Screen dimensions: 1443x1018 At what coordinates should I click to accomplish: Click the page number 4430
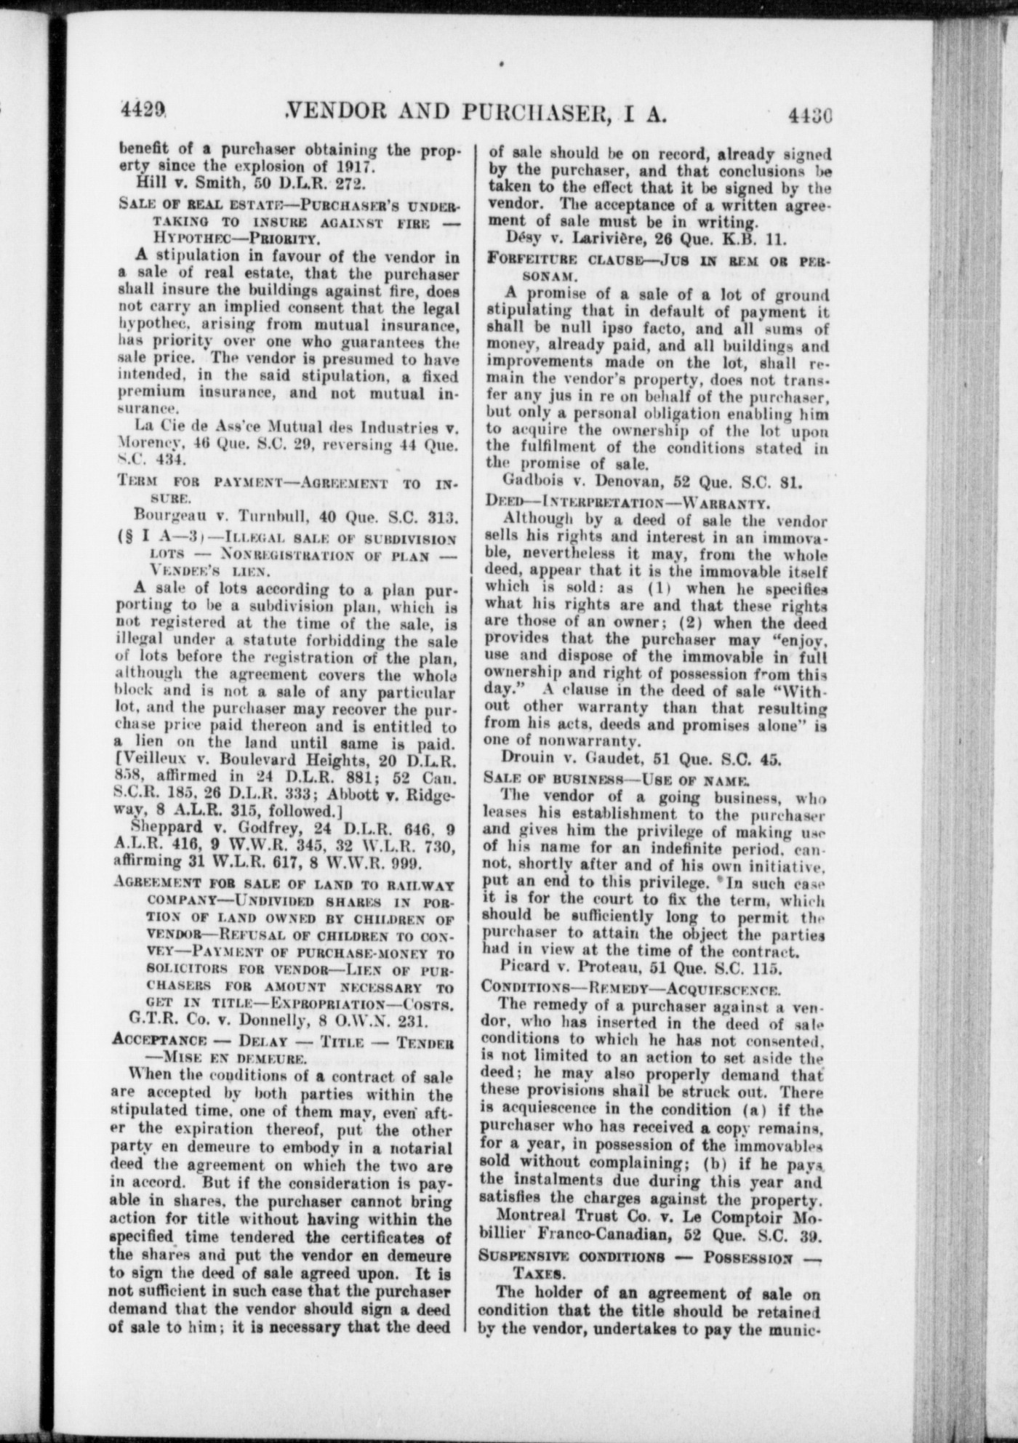pyautogui.click(x=809, y=115)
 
